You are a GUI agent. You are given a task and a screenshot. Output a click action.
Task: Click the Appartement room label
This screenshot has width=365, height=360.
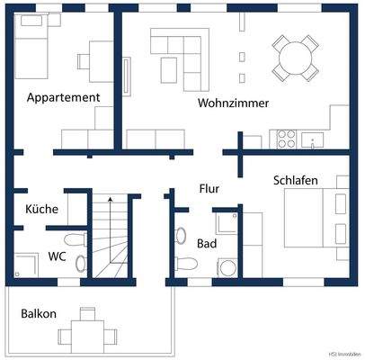(63, 97)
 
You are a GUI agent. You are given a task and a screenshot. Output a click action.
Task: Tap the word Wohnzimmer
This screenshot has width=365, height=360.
(234, 103)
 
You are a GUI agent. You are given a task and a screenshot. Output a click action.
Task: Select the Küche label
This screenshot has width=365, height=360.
(42, 209)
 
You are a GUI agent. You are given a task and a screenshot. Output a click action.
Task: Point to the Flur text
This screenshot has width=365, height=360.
(209, 189)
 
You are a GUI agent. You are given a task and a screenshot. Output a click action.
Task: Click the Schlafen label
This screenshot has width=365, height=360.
(296, 181)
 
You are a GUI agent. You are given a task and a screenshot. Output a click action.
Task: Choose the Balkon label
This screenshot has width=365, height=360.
(39, 314)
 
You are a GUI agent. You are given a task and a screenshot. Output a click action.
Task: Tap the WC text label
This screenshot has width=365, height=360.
(57, 256)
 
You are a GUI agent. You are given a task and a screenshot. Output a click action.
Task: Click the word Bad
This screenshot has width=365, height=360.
(206, 243)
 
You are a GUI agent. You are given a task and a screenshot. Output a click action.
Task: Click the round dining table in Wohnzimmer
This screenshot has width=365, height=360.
(296, 57)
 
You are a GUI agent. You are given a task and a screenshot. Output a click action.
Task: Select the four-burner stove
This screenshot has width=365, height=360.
(286, 139)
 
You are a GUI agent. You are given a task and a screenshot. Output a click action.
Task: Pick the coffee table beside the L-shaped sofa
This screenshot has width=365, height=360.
(168, 66)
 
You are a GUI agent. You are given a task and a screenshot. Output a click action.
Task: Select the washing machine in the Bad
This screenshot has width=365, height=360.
(227, 267)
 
